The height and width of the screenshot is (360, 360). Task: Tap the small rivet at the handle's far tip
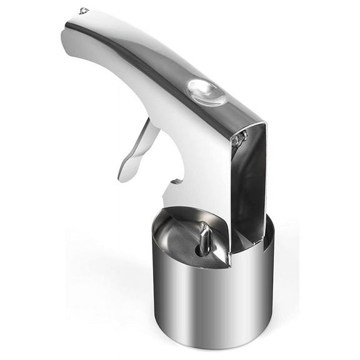pyautogui.click(x=83, y=11)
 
